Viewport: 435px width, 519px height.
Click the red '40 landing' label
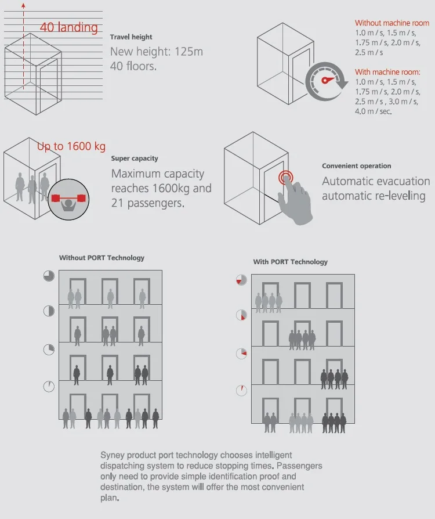tap(69, 27)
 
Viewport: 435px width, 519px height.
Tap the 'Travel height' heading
tap(131, 37)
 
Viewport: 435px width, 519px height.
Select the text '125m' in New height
tap(190, 52)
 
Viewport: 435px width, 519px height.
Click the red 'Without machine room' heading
tap(392, 23)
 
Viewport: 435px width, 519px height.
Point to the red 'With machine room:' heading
tap(387, 72)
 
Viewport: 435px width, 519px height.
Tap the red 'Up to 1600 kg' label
tap(71, 147)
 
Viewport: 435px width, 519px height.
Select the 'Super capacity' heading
tap(135, 158)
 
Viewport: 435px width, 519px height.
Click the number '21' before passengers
tap(117, 203)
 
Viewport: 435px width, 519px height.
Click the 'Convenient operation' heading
tap(357, 166)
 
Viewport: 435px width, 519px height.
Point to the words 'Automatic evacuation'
tap(376, 182)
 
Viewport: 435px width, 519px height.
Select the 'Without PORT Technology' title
tap(101, 258)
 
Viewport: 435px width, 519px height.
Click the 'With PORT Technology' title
tap(290, 262)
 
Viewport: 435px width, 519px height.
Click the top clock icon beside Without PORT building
tap(49, 276)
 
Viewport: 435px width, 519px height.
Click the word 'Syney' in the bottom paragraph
tap(113, 455)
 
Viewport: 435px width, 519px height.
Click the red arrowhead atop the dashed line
tap(24, 5)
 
